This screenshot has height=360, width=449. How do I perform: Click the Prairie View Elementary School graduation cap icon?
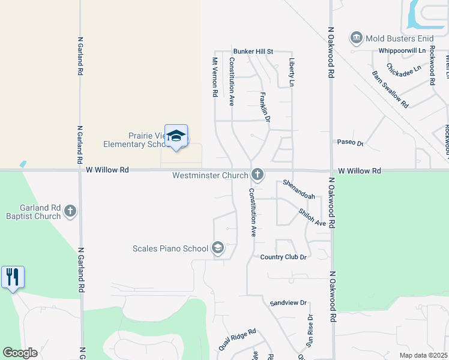[176, 136]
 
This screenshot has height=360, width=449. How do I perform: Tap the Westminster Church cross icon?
[258, 175]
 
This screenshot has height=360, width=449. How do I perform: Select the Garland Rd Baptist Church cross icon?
[71, 211]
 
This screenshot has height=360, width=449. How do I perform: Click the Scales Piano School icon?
[217, 248]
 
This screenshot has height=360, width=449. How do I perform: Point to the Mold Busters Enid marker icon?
[357, 38]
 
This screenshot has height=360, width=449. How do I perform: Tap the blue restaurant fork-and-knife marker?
[13, 277]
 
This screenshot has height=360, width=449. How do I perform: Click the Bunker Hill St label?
[253, 52]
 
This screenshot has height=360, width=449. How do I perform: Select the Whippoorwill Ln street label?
[402, 51]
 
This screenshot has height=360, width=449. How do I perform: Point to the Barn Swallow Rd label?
[390, 89]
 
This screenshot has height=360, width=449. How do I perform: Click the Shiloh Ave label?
[312, 217]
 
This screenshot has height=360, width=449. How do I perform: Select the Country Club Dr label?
[283, 257]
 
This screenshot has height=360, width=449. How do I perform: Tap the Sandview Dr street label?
[288, 303]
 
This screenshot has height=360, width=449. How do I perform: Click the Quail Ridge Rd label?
[237, 339]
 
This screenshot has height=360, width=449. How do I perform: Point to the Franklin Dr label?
[265, 107]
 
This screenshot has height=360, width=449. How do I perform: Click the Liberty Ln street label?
[292, 73]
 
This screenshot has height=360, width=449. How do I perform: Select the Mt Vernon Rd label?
[214, 77]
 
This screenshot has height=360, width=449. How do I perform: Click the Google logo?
[20, 353]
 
